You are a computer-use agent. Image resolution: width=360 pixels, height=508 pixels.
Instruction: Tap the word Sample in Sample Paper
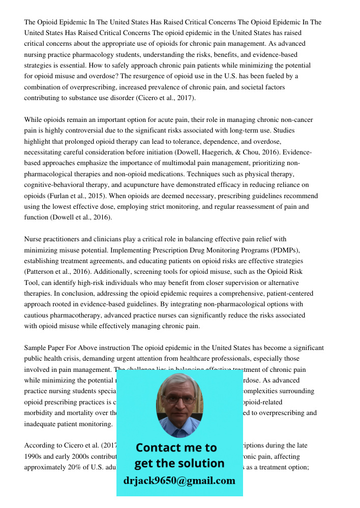tap(35, 347)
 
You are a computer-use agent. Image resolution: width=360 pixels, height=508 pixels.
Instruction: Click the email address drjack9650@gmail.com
tap(179, 481)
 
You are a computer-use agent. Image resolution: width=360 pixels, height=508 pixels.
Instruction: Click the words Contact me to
tap(176, 448)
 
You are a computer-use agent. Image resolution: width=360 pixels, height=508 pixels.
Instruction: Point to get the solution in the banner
tap(179, 463)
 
